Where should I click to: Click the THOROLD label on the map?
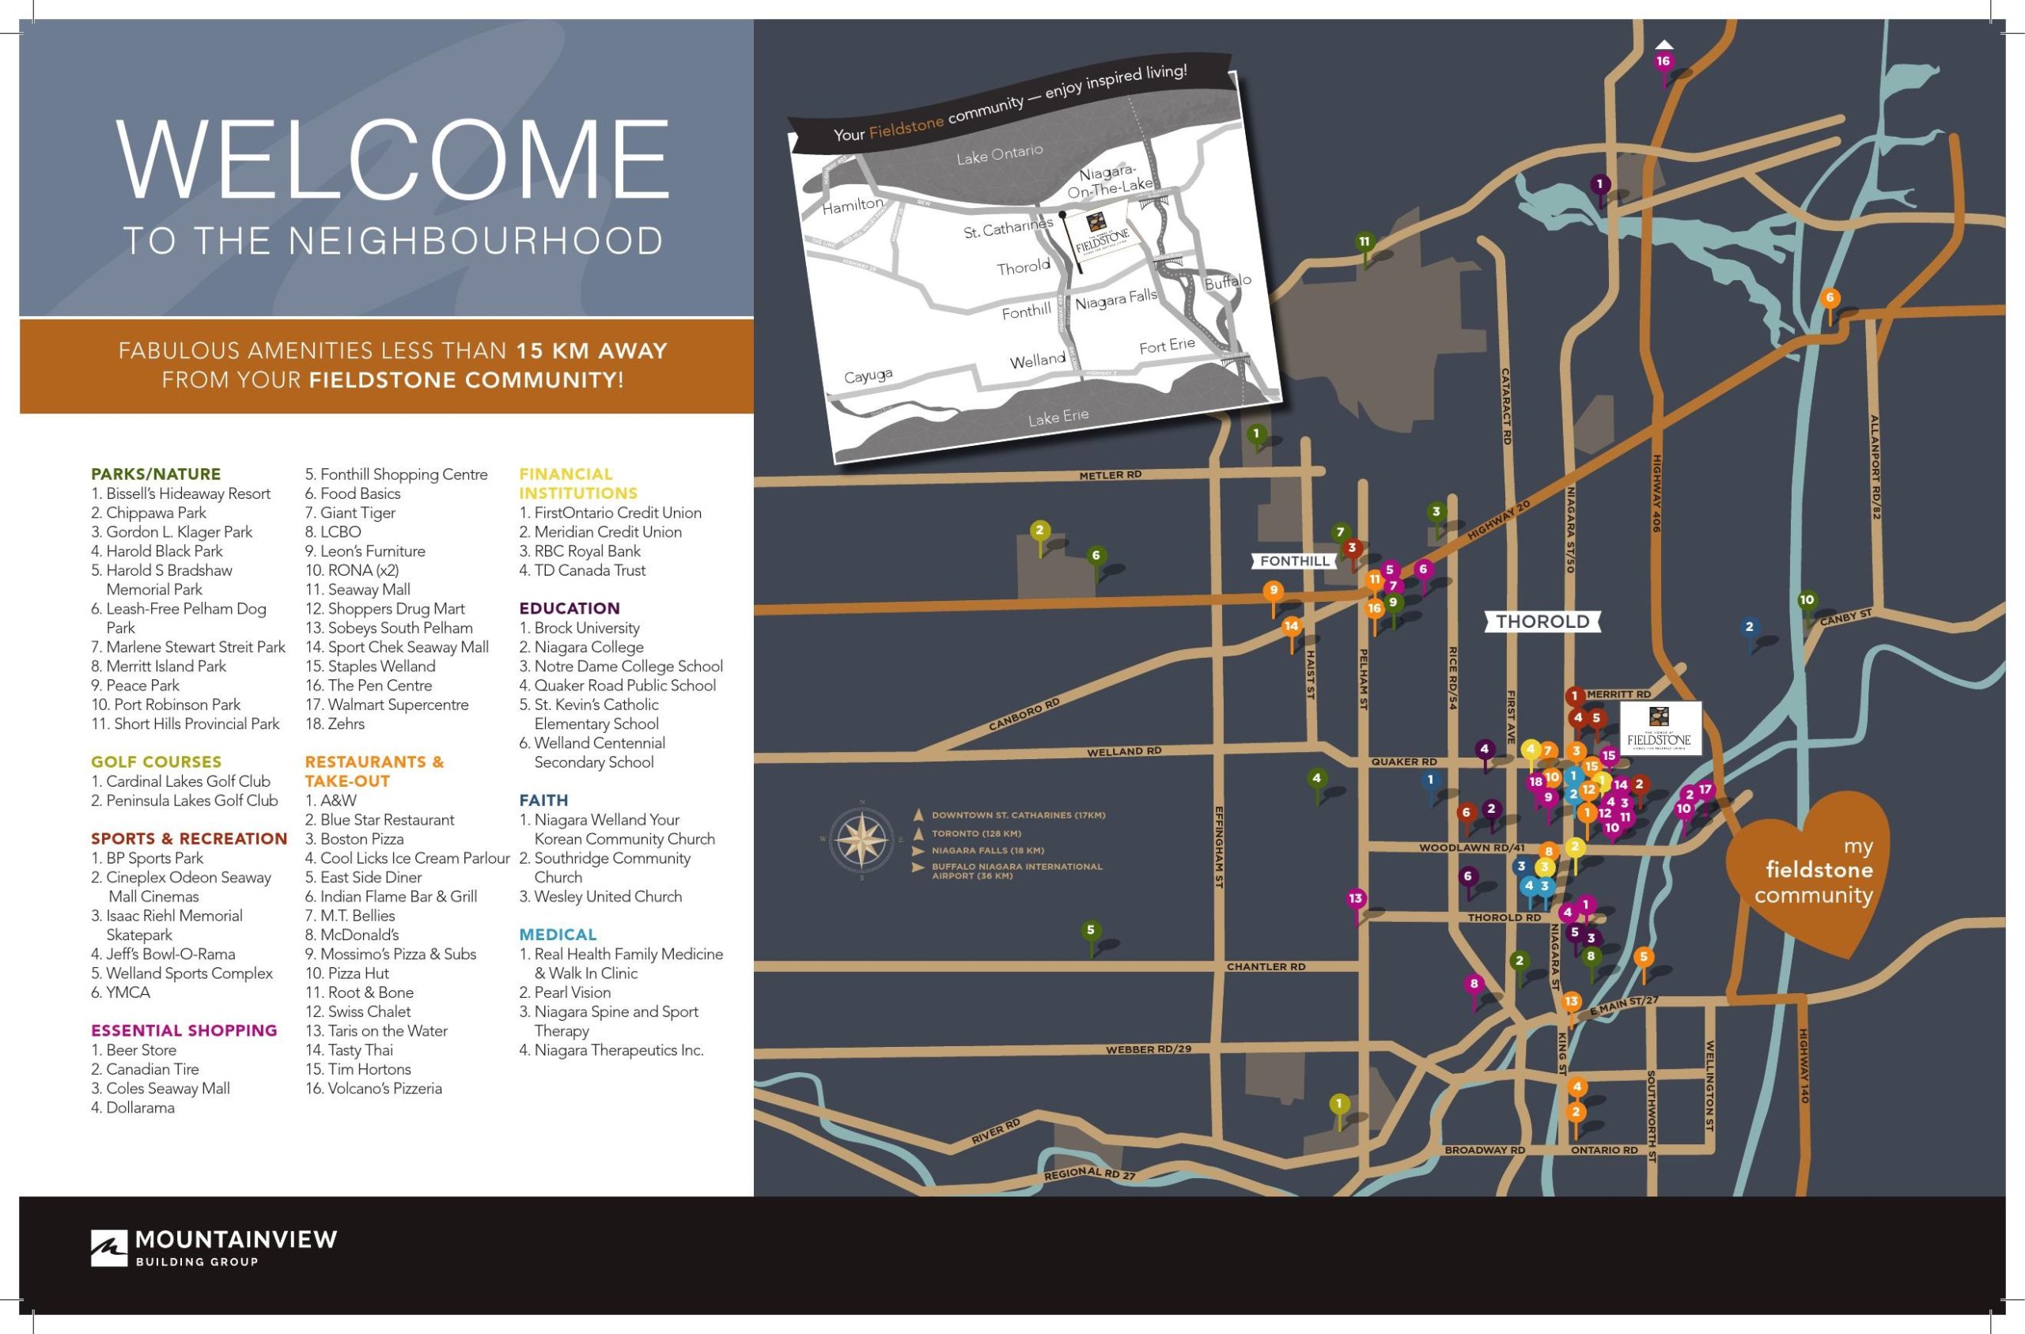pos(1542,622)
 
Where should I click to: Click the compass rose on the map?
pos(861,839)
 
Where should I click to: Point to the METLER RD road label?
pos(1110,475)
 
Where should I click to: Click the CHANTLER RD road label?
pos(1265,967)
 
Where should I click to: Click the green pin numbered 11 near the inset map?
pos(1364,243)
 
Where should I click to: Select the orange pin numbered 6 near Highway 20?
pos(1830,299)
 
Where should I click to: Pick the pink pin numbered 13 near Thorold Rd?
pos(1355,898)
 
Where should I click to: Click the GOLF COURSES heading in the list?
pos(156,762)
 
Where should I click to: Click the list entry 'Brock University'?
pos(586,628)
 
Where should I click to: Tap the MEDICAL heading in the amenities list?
pos(558,934)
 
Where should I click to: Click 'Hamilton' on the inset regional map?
pos(853,205)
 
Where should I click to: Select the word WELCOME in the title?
pos(393,160)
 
